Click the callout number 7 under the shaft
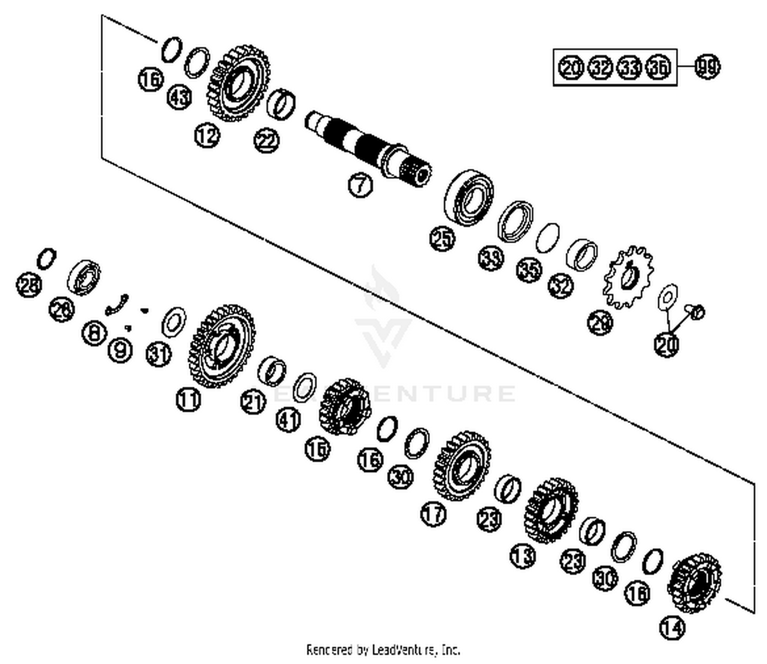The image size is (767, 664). (360, 184)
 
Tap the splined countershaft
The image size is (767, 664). (368, 146)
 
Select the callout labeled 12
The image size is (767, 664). (207, 136)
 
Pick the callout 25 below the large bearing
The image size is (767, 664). (442, 238)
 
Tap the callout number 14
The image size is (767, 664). (672, 627)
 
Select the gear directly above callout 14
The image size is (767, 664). (695, 582)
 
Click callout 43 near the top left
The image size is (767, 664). (179, 97)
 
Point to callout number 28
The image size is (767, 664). (29, 284)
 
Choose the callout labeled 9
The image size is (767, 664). (120, 350)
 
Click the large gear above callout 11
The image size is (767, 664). (222, 346)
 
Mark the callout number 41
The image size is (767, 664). (288, 420)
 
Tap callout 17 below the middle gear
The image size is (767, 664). (433, 514)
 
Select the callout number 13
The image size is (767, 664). (523, 555)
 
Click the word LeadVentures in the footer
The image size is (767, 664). (401, 650)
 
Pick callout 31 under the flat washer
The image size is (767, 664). (159, 353)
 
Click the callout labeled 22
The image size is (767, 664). (267, 141)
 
